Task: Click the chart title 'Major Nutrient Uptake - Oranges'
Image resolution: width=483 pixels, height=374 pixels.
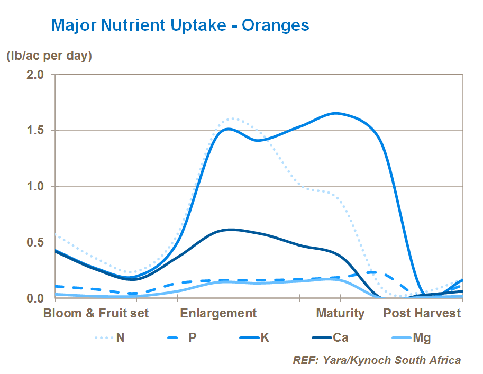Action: tap(179, 25)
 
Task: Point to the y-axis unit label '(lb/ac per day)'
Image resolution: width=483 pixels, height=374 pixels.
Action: tap(49, 56)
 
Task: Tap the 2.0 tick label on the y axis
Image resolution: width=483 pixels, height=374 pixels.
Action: tap(37, 74)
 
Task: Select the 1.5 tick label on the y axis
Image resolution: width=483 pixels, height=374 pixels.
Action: tap(37, 130)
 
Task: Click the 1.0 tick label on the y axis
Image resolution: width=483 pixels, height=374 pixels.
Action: tap(37, 186)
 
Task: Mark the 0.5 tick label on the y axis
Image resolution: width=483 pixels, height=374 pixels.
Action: tap(37, 242)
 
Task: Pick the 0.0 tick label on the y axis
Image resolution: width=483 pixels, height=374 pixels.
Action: tap(37, 298)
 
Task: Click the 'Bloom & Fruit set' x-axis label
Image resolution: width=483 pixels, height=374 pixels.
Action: tap(96, 313)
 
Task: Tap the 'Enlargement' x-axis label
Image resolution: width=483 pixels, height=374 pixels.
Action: tap(218, 313)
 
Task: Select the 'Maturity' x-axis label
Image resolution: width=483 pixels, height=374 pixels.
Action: tap(340, 313)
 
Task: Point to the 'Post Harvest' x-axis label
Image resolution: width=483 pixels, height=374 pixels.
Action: tap(422, 313)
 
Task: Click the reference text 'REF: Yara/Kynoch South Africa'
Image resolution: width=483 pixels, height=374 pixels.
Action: tap(377, 360)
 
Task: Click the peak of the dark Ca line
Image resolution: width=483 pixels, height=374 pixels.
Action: tap(231, 230)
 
